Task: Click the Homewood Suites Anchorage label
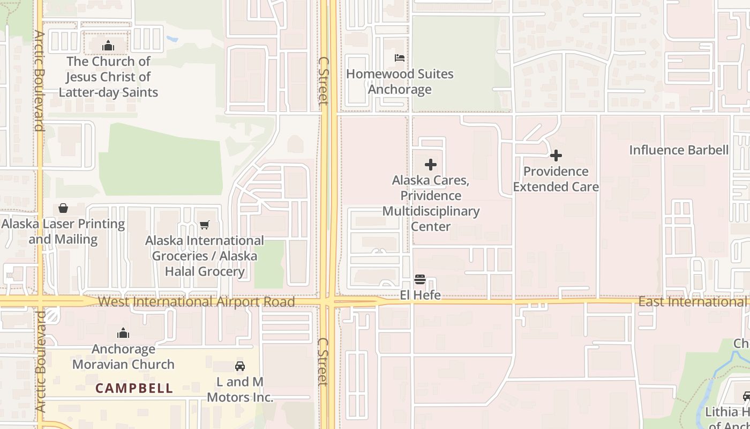400,82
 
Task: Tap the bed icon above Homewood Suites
400,57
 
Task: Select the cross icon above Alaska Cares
431,165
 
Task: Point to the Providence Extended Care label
556,179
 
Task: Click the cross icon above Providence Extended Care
556,156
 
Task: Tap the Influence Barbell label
679,150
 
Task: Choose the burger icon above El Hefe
420,279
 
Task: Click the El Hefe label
421,295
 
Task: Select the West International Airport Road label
196,301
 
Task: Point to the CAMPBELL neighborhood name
134,388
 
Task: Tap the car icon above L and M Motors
240,366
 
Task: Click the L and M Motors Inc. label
240,389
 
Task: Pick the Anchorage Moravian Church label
123,357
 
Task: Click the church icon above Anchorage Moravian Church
123,334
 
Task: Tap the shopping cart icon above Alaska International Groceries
204,225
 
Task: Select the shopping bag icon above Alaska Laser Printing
63,208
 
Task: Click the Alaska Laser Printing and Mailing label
63,231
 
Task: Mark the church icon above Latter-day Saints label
108,46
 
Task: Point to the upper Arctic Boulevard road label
39,80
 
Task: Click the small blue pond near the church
172,39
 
